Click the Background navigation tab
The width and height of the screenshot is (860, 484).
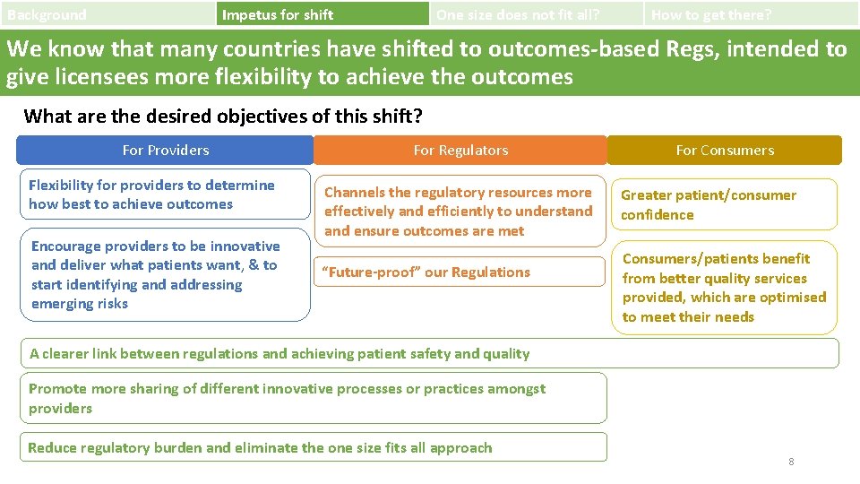click(107, 14)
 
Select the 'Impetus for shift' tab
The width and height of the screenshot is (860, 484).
click(322, 14)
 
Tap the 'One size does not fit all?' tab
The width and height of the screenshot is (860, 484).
click(536, 14)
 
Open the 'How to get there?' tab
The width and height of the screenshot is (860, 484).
click(751, 14)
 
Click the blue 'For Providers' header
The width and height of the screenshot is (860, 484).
click(166, 151)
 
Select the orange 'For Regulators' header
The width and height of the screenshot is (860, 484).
click(460, 151)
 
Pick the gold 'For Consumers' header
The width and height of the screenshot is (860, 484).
click(725, 151)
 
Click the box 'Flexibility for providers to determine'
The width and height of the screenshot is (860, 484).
click(165, 194)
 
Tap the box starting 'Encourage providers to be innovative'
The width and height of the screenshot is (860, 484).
click(165, 275)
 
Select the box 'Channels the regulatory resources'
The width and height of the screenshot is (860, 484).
click(460, 212)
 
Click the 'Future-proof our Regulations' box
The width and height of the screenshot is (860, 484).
click(460, 272)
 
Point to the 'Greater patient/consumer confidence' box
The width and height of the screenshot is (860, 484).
click(724, 204)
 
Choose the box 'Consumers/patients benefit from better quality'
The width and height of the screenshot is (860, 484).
click(724, 288)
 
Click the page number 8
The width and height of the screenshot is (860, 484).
click(791, 462)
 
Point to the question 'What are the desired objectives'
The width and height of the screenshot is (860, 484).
click(223, 116)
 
